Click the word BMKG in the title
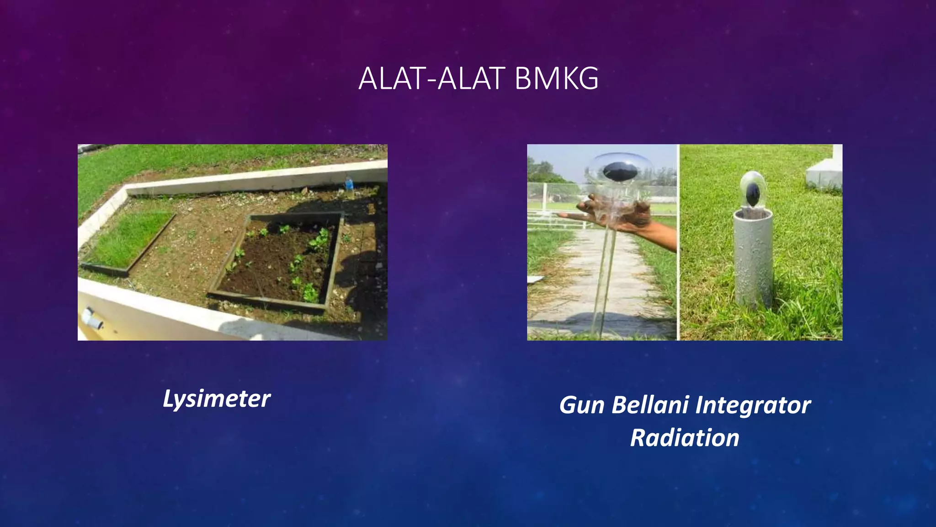556,79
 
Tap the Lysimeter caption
217,399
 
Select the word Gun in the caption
581,405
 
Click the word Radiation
685,438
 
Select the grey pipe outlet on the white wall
93,318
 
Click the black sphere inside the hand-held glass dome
620,172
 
